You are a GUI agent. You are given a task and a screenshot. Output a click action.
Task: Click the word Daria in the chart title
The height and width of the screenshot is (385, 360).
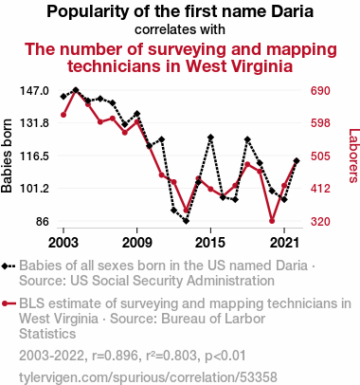[293, 11]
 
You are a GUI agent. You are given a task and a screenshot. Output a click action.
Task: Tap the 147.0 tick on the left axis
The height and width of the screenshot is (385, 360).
[34, 91]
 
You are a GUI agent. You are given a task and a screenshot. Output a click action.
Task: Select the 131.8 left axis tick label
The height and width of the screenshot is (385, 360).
[34, 123]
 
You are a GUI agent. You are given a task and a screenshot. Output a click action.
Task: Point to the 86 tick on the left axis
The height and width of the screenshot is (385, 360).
[43, 221]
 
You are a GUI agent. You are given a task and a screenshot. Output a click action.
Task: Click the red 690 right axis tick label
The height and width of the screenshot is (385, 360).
[320, 91]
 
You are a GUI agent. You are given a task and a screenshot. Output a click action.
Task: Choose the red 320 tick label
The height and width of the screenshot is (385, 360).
[320, 221]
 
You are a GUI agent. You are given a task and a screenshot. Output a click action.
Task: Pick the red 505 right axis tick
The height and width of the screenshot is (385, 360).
[320, 156]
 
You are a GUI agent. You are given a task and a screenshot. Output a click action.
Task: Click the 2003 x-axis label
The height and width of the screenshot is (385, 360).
[63, 243]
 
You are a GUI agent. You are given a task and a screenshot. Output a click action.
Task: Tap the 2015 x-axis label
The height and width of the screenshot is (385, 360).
[210, 243]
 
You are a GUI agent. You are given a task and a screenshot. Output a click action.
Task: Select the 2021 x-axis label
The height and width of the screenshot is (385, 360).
[284, 243]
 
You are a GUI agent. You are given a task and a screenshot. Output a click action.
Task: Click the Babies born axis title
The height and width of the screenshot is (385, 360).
[7, 156]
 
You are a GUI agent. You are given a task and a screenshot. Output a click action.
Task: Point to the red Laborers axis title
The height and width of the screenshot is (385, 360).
[354, 156]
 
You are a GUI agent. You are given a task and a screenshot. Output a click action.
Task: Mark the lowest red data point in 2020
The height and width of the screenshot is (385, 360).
[272, 221]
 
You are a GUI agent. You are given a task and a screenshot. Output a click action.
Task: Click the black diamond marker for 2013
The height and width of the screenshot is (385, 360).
[186, 221]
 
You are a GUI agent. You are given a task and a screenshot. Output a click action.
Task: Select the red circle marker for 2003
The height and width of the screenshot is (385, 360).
[63, 115]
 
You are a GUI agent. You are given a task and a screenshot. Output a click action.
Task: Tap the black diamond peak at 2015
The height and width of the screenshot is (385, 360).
[210, 137]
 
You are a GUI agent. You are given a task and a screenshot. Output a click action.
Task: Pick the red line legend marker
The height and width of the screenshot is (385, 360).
[9, 303]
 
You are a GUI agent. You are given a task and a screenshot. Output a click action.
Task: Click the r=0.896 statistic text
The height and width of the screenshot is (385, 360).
[116, 356]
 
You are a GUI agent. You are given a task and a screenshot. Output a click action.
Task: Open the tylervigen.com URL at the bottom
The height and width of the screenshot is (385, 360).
[148, 377]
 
